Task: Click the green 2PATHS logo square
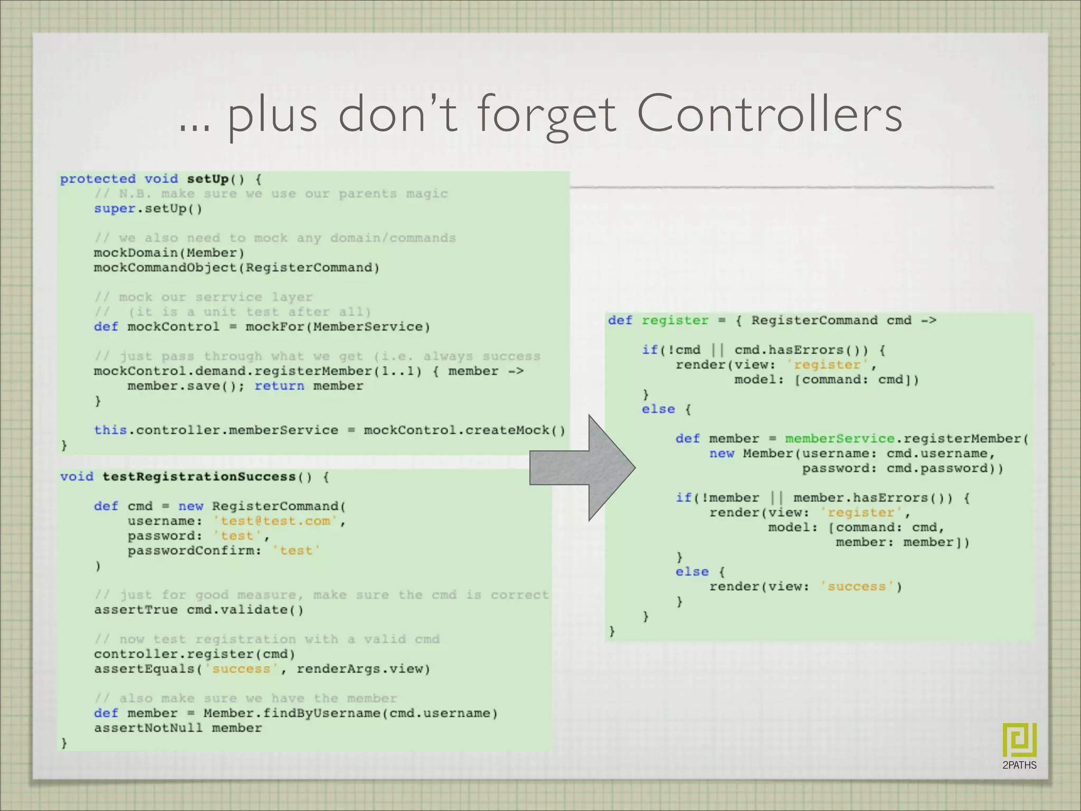point(1019,740)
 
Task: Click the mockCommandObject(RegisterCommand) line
point(236,268)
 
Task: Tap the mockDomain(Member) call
point(169,253)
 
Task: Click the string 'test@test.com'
point(276,521)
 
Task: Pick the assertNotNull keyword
point(148,728)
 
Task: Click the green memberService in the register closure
point(839,439)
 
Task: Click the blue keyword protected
point(98,179)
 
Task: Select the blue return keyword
point(279,386)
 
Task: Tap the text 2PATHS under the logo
point(1019,765)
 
